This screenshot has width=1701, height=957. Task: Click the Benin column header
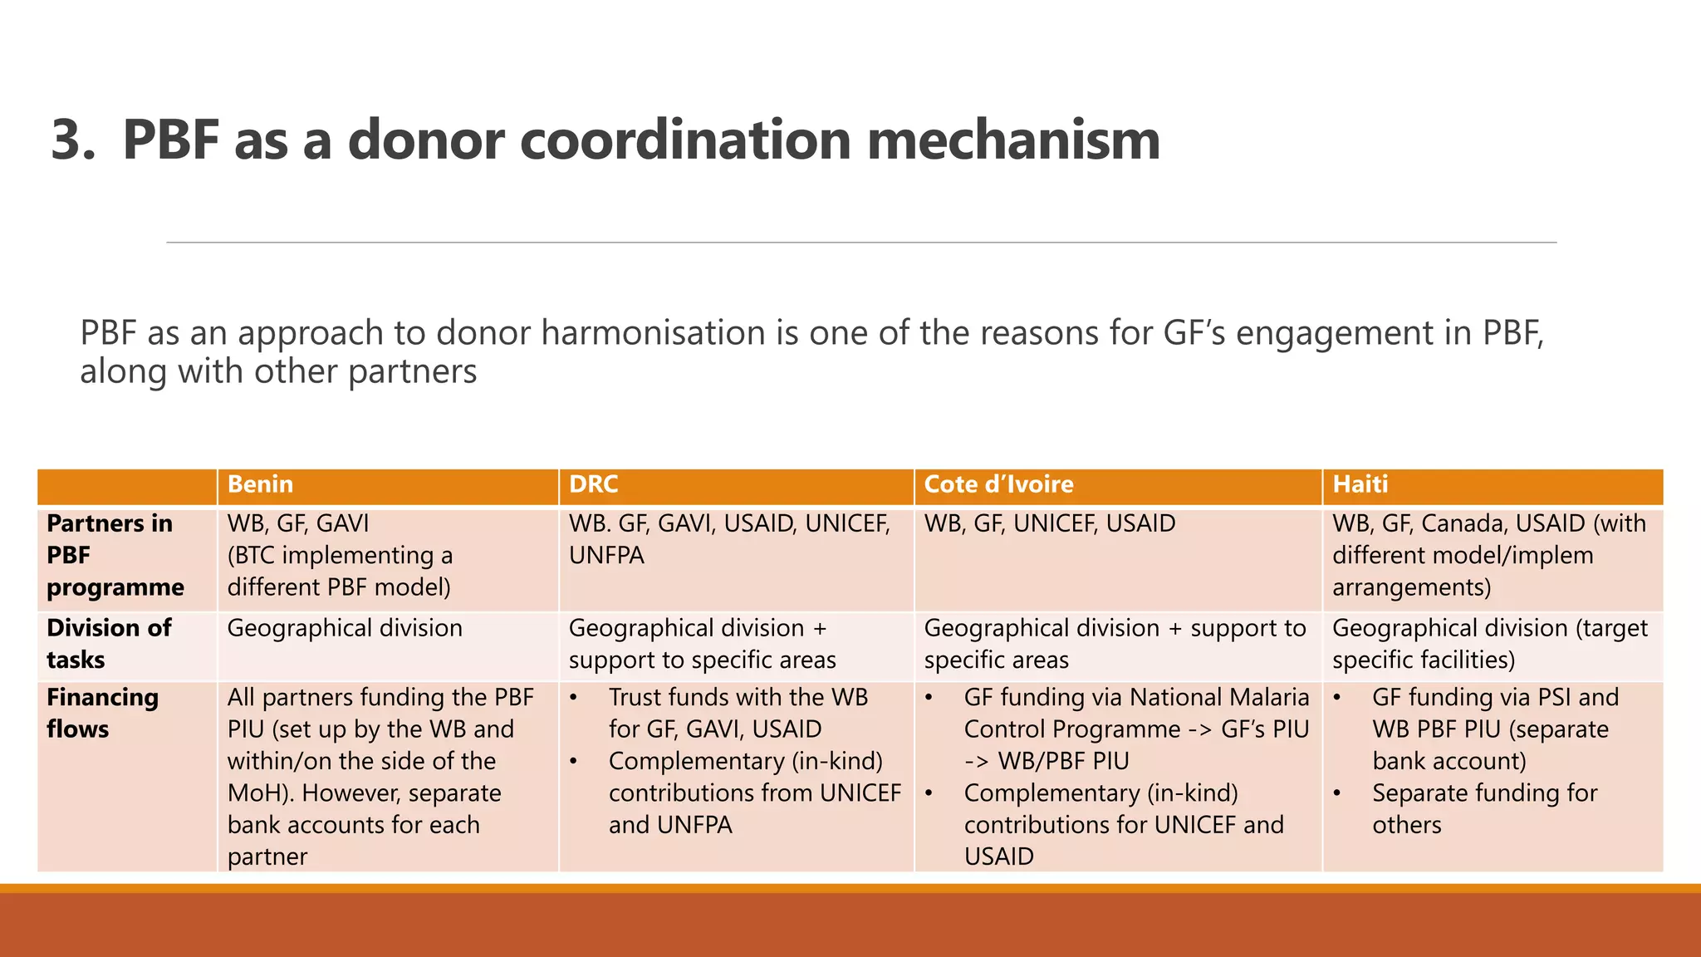(x=260, y=484)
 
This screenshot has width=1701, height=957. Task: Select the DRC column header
(x=593, y=484)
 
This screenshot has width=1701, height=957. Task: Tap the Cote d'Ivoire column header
(x=998, y=484)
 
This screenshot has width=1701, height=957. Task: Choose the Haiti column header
(x=1360, y=484)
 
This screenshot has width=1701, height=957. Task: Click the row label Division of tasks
(x=109, y=644)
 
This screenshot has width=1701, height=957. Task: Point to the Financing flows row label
(x=102, y=713)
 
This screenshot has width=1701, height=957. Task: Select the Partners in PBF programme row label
(x=115, y=555)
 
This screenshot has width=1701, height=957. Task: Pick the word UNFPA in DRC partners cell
(x=606, y=555)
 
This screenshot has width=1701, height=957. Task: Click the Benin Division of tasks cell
(x=345, y=628)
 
